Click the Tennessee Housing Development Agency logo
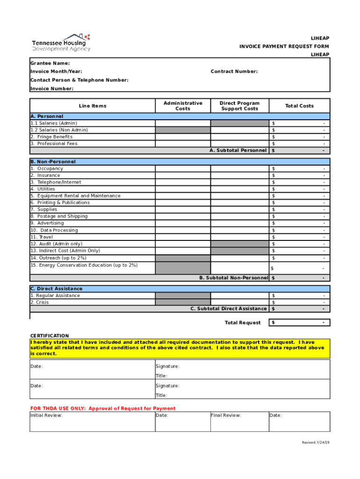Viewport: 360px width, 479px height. pyautogui.click(x=61, y=43)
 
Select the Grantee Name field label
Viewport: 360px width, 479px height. pyautogui.click(x=50, y=63)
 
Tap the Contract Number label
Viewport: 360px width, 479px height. pyautogui.click(x=234, y=72)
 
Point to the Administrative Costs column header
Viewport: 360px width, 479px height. pyautogui.click(x=183, y=106)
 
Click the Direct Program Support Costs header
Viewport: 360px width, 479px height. pyautogui.click(x=239, y=106)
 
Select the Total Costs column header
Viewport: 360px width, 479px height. pyautogui.click(x=299, y=106)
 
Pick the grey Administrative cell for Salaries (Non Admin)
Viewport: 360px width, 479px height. pyautogui.click(x=183, y=130)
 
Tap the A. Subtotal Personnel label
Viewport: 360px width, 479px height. pyautogui.click(x=238, y=151)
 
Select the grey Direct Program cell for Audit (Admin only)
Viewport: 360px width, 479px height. pyautogui.click(x=239, y=244)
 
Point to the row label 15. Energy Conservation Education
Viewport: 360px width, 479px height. pyautogui.click(x=84, y=265)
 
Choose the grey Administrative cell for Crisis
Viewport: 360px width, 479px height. pyautogui.click(x=183, y=302)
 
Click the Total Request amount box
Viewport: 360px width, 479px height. pyautogui.click(x=299, y=323)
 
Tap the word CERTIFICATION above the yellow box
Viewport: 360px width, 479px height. pyautogui.click(x=50, y=336)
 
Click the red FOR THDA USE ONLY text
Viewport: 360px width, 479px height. pyautogui.click(x=103, y=408)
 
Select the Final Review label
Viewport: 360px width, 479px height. pyautogui.click(x=226, y=415)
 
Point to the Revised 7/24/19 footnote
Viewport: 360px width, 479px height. pyautogui.click(x=316, y=443)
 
